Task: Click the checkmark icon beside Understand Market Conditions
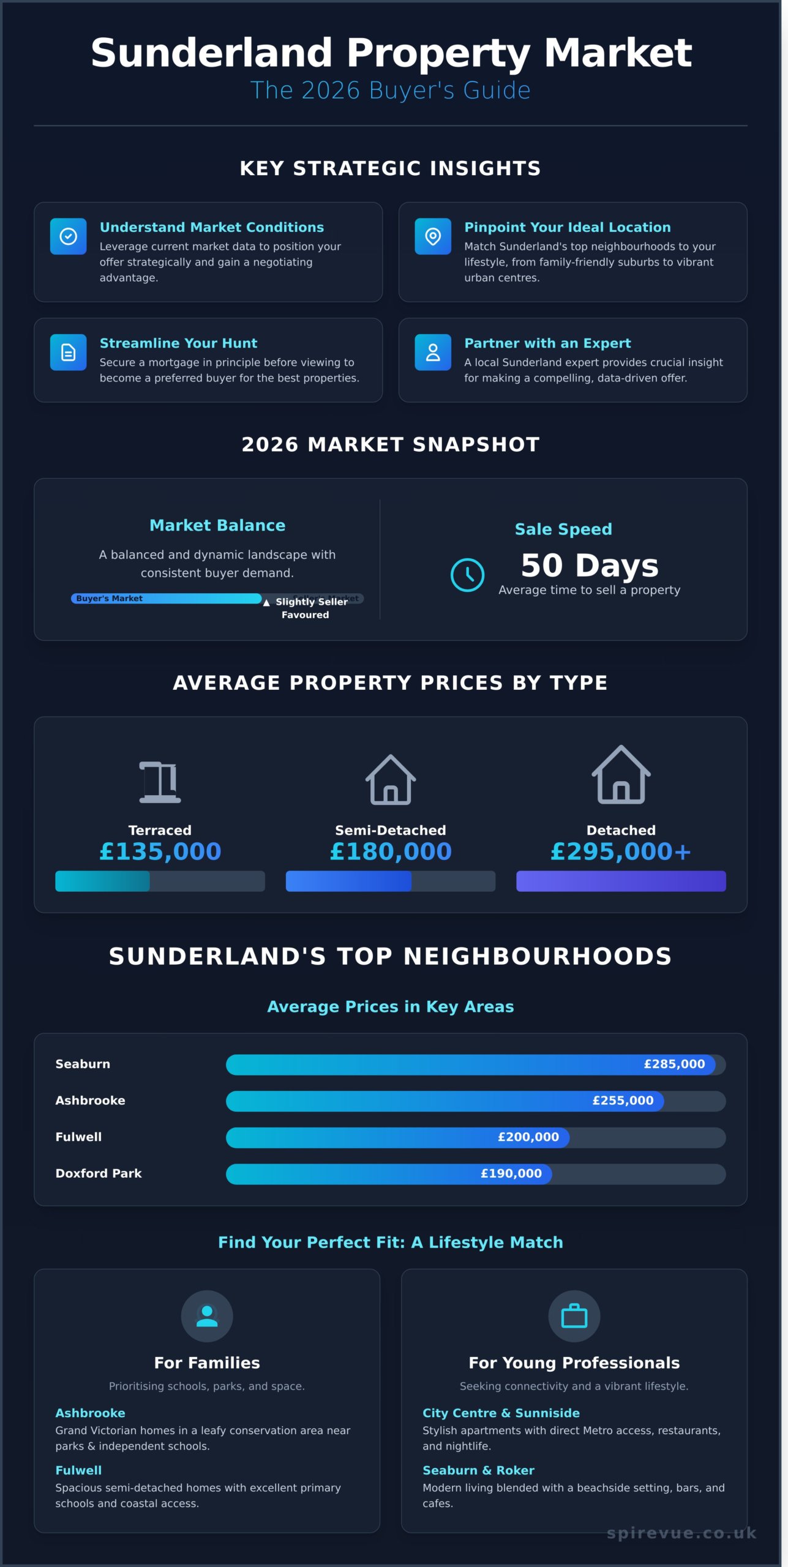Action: (68, 236)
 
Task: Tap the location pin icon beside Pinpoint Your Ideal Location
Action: (433, 236)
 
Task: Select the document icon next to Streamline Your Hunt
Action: (68, 352)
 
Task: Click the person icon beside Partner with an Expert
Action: (433, 352)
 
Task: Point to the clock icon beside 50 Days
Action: (467, 575)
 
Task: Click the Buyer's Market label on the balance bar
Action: (109, 599)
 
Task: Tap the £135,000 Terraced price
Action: (160, 851)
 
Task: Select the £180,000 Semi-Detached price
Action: (391, 851)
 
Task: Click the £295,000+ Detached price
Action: (621, 851)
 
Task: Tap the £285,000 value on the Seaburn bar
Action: (674, 1064)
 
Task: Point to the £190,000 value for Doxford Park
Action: (511, 1173)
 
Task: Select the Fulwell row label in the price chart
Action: (78, 1137)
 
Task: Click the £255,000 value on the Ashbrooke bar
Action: (623, 1101)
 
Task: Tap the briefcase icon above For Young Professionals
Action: (574, 1316)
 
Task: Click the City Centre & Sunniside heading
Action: (501, 1413)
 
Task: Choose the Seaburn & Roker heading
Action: (478, 1470)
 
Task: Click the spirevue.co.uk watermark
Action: (681, 1533)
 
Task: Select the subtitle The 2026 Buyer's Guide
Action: (391, 90)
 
